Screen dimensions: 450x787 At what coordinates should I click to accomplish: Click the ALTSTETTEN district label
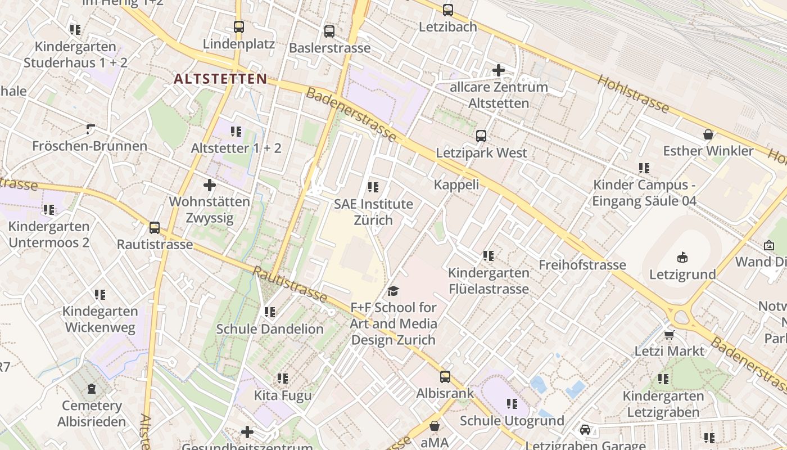pyautogui.click(x=220, y=79)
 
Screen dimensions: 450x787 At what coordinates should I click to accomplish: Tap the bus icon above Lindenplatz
pyautogui.click(x=239, y=26)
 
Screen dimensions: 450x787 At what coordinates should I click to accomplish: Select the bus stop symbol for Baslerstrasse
pyautogui.click(x=329, y=31)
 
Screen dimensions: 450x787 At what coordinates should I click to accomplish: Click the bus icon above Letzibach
pyautogui.click(x=447, y=10)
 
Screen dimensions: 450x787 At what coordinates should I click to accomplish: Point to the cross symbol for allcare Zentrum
pyautogui.click(x=498, y=70)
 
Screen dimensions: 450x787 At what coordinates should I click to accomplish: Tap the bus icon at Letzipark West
pyautogui.click(x=481, y=136)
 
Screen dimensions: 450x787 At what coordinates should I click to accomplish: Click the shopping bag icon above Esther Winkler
pyautogui.click(x=708, y=134)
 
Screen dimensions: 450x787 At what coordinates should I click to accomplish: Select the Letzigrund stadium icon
pyautogui.click(x=682, y=258)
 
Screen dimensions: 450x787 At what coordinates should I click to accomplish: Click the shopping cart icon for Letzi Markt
pyautogui.click(x=669, y=335)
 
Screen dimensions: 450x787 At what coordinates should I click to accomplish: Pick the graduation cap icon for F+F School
pyautogui.click(x=393, y=291)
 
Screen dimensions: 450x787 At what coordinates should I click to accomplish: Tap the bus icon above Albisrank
pyautogui.click(x=445, y=376)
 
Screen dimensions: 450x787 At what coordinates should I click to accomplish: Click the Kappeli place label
pyautogui.click(x=456, y=184)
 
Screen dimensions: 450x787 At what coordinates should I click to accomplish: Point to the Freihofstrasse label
pyautogui.click(x=582, y=264)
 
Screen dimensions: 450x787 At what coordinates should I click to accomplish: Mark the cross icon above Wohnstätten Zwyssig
pyautogui.click(x=210, y=184)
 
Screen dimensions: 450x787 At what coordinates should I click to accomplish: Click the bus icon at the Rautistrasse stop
pyautogui.click(x=155, y=228)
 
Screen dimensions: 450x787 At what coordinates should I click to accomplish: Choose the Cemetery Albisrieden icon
pyautogui.click(x=92, y=389)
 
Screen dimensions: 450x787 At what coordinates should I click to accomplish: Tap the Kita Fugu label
pyautogui.click(x=283, y=395)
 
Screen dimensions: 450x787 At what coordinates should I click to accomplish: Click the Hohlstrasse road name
pyautogui.click(x=633, y=94)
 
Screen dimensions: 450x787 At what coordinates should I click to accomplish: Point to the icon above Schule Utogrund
pyautogui.click(x=512, y=403)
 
